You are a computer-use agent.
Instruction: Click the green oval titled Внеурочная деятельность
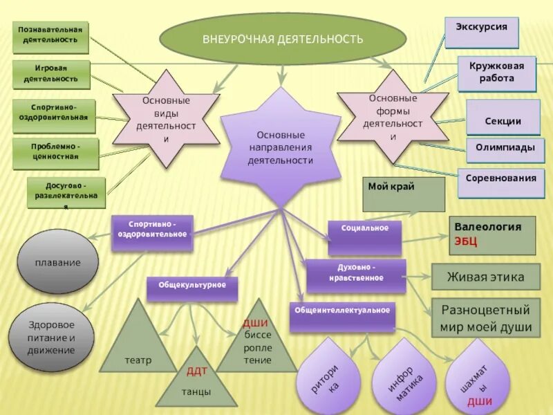point(283,39)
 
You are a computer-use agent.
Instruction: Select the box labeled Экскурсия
point(481,32)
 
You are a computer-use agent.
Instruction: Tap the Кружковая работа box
point(496,73)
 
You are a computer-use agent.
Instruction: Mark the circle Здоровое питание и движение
point(51,337)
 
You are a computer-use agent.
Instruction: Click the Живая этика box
point(485,277)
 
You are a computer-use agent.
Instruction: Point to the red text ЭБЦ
point(465,241)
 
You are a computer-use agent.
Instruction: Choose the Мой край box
point(404,194)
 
